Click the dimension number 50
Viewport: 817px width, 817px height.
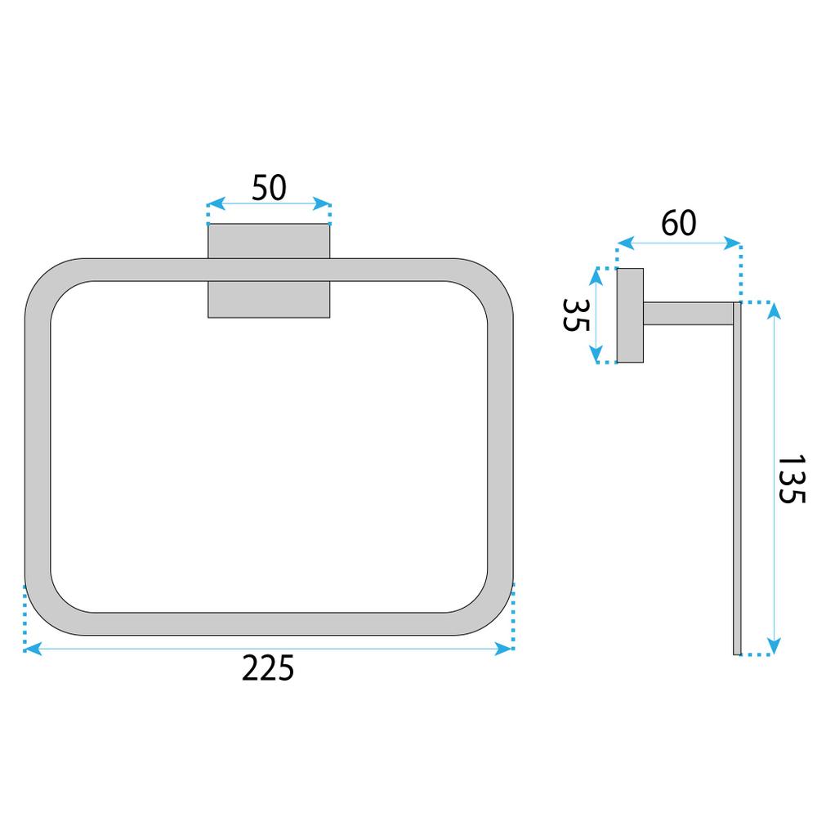269,188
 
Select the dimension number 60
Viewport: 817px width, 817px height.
679,223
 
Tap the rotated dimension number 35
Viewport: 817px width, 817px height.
577,314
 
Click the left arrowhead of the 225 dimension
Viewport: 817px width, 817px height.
31,648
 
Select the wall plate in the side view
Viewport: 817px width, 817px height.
630,315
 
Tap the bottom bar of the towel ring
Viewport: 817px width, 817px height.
270,624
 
